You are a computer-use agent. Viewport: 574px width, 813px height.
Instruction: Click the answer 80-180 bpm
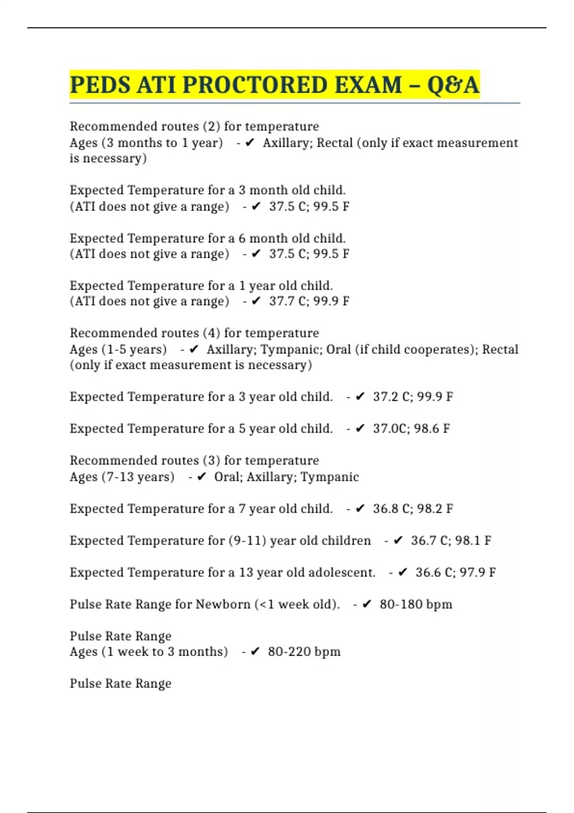click(x=416, y=604)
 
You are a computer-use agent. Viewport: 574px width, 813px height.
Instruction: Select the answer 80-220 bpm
click(x=304, y=652)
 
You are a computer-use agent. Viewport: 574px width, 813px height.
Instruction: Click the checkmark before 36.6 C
click(x=403, y=572)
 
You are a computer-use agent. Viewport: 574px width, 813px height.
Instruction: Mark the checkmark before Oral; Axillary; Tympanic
click(x=201, y=477)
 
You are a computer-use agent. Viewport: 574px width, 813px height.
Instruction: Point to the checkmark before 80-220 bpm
click(x=255, y=652)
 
